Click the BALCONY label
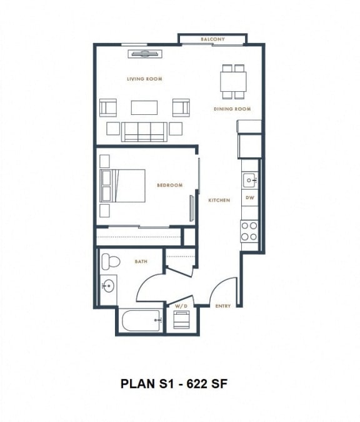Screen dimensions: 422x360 pyautogui.click(x=212, y=39)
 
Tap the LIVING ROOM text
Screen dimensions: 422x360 pyautogui.click(x=144, y=79)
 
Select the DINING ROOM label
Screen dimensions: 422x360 pyautogui.click(x=232, y=109)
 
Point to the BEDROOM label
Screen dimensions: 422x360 pyautogui.click(x=169, y=185)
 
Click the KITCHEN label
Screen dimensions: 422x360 pyautogui.click(x=219, y=200)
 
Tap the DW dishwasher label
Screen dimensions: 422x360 pyautogui.click(x=250, y=198)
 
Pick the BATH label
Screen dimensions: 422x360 pyautogui.click(x=141, y=262)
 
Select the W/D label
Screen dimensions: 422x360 pyautogui.click(x=181, y=306)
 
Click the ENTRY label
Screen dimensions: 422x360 pyautogui.click(x=223, y=306)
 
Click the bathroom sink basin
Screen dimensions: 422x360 pyautogui.click(x=107, y=287)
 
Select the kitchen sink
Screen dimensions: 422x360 pyautogui.click(x=249, y=180)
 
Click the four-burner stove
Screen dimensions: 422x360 pyautogui.click(x=250, y=230)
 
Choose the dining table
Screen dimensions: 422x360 pyautogui.click(x=232, y=81)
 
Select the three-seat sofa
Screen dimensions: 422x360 pyautogui.click(x=144, y=130)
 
